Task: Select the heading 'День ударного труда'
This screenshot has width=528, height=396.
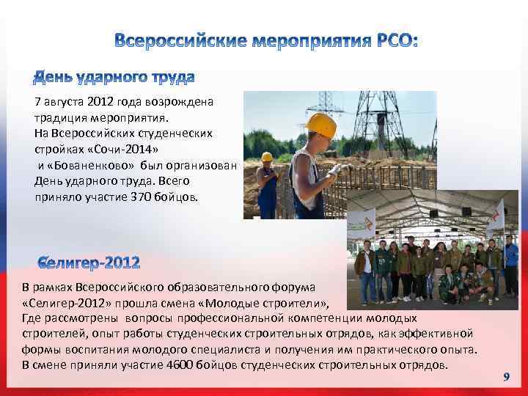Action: pyautogui.click(x=115, y=77)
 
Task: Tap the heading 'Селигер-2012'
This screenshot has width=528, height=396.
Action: pyautogui.click(x=89, y=262)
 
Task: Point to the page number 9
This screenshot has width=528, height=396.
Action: pyautogui.click(x=506, y=376)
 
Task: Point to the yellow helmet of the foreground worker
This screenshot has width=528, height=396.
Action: pyautogui.click(x=320, y=125)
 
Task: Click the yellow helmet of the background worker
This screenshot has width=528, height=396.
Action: pyautogui.click(x=267, y=156)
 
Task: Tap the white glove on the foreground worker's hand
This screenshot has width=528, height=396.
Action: pyautogui.click(x=335, y=169)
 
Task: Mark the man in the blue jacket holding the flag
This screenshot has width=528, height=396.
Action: pyautogui.click(x=510, y=264)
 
